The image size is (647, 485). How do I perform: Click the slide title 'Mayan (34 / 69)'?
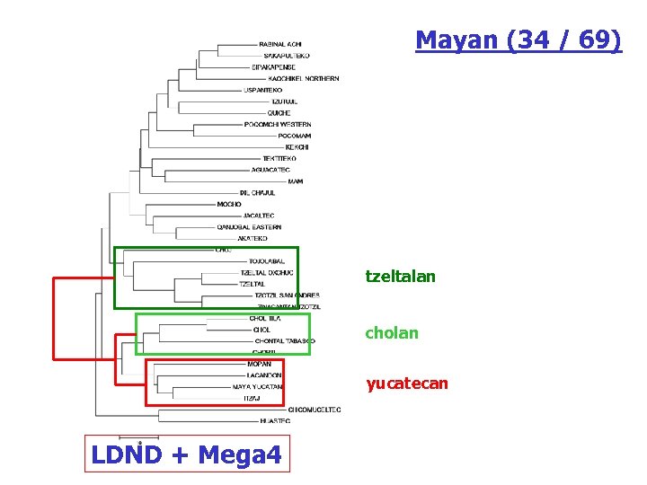coord(518,40)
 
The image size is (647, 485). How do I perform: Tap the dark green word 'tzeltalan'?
coord(400,277)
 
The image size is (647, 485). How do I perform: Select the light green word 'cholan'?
coord(391,333)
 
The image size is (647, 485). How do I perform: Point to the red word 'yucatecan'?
coord(406,384)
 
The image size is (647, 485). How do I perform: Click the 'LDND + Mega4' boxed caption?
coord(186,455)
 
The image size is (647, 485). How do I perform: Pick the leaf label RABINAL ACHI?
coord(280,44)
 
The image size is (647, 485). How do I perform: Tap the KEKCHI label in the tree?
coord(297,147)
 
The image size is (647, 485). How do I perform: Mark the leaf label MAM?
coord(295,181)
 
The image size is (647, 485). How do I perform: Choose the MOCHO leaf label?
coord(229,205)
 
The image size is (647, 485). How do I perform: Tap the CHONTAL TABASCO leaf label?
coord(285,341)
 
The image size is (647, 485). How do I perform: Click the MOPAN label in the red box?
coord(258,364)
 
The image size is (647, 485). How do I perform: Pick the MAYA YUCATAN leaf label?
coord(257,387)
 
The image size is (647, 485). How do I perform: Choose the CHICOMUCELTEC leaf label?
coord(315,410)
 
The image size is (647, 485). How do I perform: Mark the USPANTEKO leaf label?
coord(262,91)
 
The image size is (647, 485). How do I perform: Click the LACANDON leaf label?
coord(263,375)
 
